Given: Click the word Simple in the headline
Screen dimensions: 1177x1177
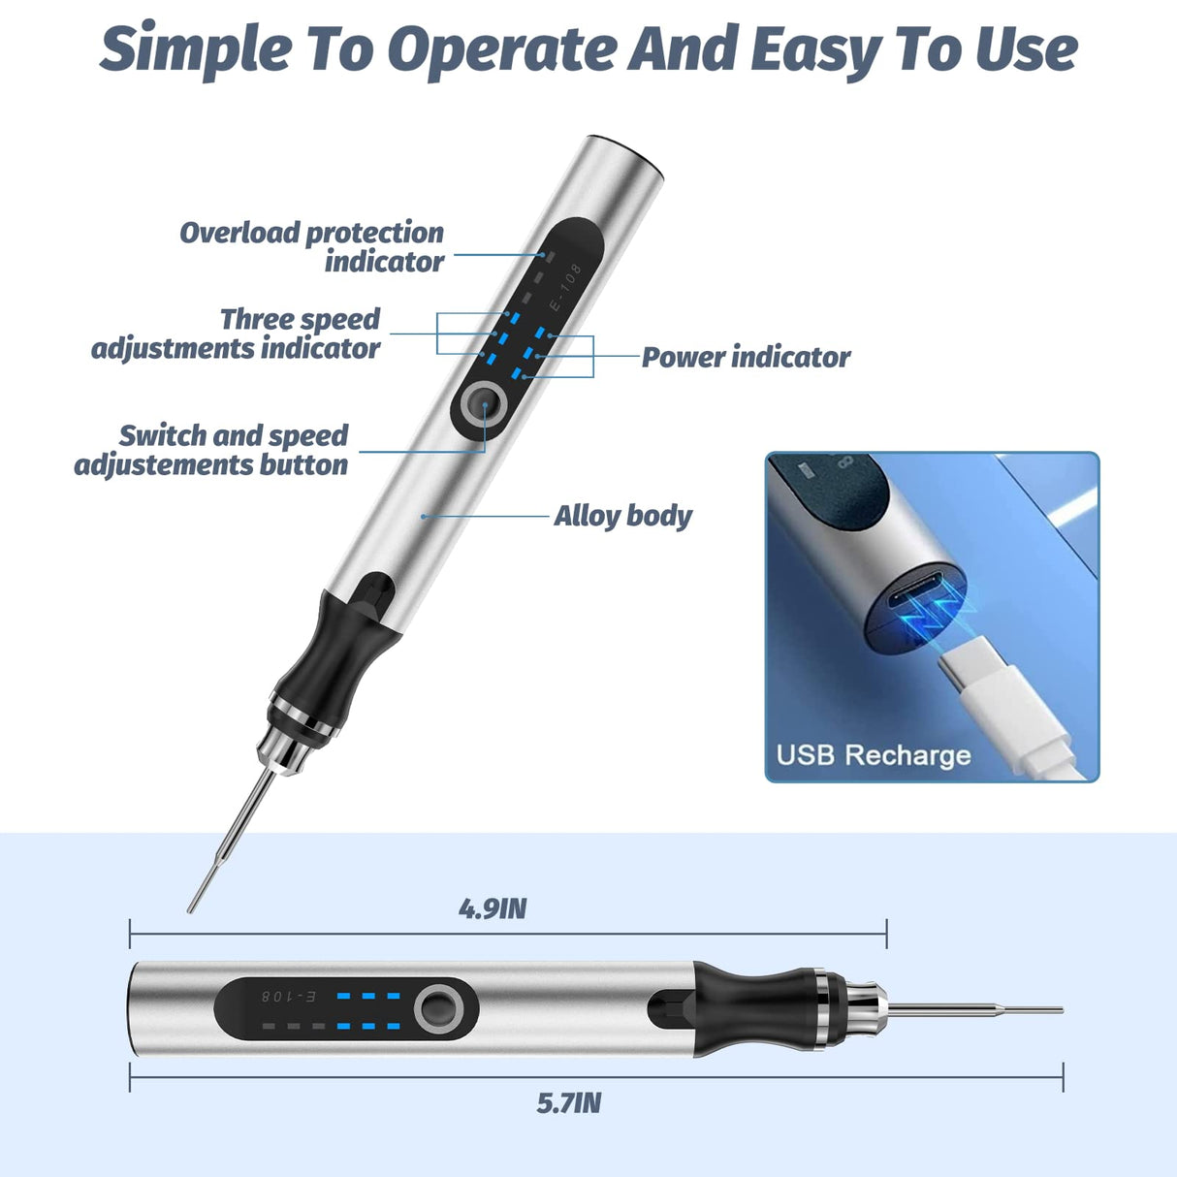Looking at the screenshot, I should pyautogui.click(x=195, y=48).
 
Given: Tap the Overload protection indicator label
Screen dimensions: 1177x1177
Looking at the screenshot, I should pyautogui.click(x=311, y=247).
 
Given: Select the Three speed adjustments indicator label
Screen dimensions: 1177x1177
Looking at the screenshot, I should pyautogui.click(x=236, y=334).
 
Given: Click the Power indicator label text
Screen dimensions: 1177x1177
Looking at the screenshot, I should pyautogui.click(x=746, y=358).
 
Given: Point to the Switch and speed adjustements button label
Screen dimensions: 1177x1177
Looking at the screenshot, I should pyautogui.click(x=211, y=451).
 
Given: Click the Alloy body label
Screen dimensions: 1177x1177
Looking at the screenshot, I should pyautogui.click(x=622, y=516).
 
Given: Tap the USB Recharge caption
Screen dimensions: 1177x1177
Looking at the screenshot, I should pyautogui.click(x=873, y=755).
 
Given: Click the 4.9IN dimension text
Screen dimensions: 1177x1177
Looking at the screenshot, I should pyautogui.click(x=493, y=909).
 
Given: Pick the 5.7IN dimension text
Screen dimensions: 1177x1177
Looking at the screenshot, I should pyautogui.click(x=569, y=1103).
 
